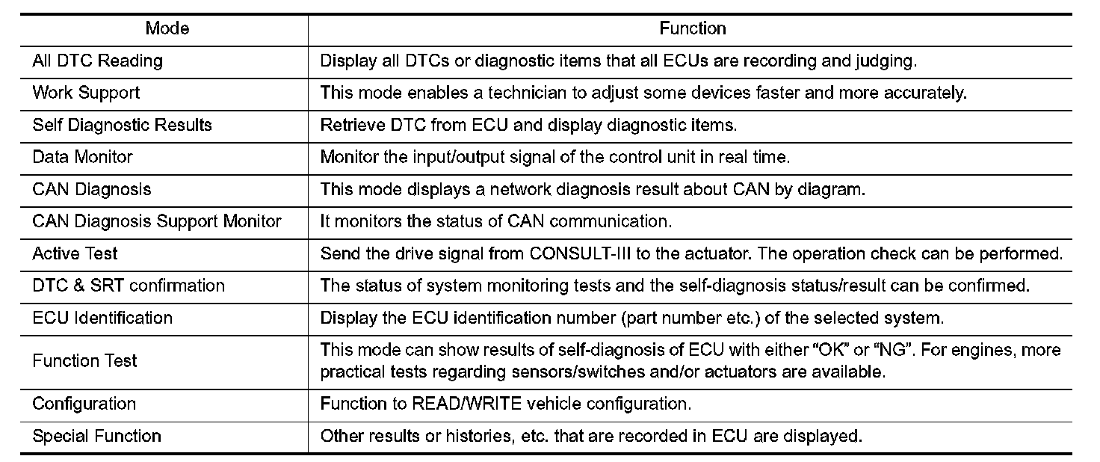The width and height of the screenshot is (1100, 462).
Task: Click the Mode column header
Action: point(167,29)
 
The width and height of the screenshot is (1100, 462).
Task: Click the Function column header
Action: point(693,29)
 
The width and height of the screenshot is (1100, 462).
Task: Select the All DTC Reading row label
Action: point(97,61)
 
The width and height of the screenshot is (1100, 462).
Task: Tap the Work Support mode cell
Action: point(86,93)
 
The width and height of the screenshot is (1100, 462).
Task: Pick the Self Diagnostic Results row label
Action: point(122,126)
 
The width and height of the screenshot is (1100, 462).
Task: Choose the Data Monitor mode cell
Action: point(82,157)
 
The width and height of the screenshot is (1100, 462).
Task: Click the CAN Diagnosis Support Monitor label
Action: point(157,221)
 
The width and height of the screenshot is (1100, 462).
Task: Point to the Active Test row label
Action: point(75,253)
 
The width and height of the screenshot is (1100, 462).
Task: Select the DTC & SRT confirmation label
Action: point(128,286)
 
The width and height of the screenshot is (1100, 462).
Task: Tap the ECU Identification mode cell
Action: point(102,318)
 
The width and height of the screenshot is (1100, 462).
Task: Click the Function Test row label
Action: point(84,361)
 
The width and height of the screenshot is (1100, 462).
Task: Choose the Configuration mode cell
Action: point(84,404)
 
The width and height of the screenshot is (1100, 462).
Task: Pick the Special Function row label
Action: point(96,437)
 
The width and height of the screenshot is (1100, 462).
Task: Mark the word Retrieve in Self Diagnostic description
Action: point(347,126)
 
